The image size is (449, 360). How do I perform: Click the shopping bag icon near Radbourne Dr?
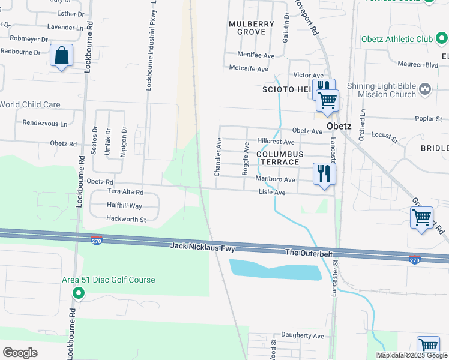[x=61, y=56]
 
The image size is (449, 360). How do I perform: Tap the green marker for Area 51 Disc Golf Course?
[x=78, y=293]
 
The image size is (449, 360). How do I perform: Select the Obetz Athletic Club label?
[x=397, y=40]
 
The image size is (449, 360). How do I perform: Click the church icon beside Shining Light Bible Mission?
[x=425, y=89]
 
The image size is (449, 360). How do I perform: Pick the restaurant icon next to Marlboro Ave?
[x=324, y=174]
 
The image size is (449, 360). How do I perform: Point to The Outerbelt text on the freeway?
[x=309, y=253]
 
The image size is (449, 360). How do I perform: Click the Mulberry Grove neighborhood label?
[x=252, y=28]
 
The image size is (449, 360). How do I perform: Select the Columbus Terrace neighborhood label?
[x=277, y=158]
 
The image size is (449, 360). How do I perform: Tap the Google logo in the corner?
[x=20, y=353]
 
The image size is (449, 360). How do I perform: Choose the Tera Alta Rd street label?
[x=125, y=192]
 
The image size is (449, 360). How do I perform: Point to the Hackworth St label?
[x=126, y=220]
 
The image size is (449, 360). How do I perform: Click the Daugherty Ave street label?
[x=302, y=336]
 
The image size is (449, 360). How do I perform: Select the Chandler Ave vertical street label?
[x=218, y=157]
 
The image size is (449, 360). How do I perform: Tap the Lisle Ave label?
[x=271, y=193]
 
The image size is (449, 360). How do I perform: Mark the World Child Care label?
[x=30, y=104]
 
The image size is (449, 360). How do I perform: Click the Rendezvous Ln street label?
[x=45, y=123]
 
